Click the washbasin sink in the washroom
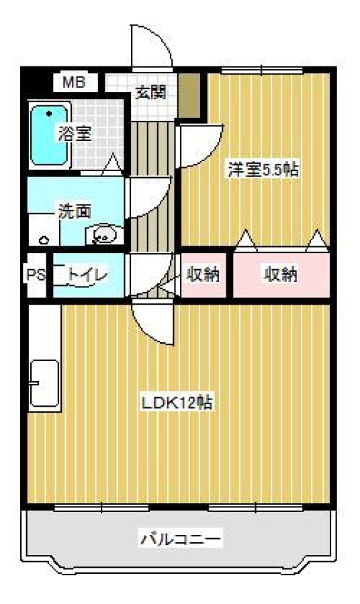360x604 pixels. (104, 235)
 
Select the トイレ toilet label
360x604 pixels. (86, 274)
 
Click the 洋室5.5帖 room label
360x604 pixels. (263, 169)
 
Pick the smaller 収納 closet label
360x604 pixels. (204, 274)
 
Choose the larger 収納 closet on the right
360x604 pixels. (281, 274)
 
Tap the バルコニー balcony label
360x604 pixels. (180, 538)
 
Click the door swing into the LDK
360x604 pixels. (153, 321)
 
